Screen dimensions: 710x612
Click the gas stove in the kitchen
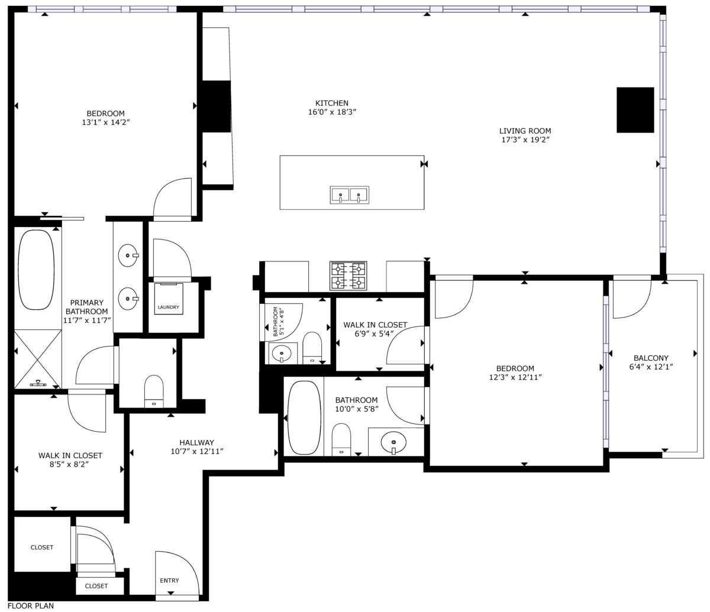(348, 276)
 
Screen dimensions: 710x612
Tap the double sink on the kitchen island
(350, 195)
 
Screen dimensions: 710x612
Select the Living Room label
(525, 131)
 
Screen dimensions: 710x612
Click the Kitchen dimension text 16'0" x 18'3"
(332, 112)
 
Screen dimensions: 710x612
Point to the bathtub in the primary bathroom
(35, 270)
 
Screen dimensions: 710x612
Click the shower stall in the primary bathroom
(38, 359)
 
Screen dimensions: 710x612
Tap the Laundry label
(168, 307)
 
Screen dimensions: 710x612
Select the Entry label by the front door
(169, 581)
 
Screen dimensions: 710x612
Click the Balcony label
(651, 358)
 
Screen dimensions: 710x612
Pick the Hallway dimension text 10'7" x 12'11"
(197, 451)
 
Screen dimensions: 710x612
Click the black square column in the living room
(635, 110)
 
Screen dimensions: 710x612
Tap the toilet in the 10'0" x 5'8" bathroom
(341, 439)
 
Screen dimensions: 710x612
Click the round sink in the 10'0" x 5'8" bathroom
(393, 443)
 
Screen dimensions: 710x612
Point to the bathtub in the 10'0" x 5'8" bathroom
(304, 417)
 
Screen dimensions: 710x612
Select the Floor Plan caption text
(31, 606)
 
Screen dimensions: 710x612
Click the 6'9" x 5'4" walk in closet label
(375, 329)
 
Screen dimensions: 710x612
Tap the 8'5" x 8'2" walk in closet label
(70, 459)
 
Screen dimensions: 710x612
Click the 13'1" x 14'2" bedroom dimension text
(105, 122)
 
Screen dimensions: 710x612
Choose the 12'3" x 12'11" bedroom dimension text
(515, 377)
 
